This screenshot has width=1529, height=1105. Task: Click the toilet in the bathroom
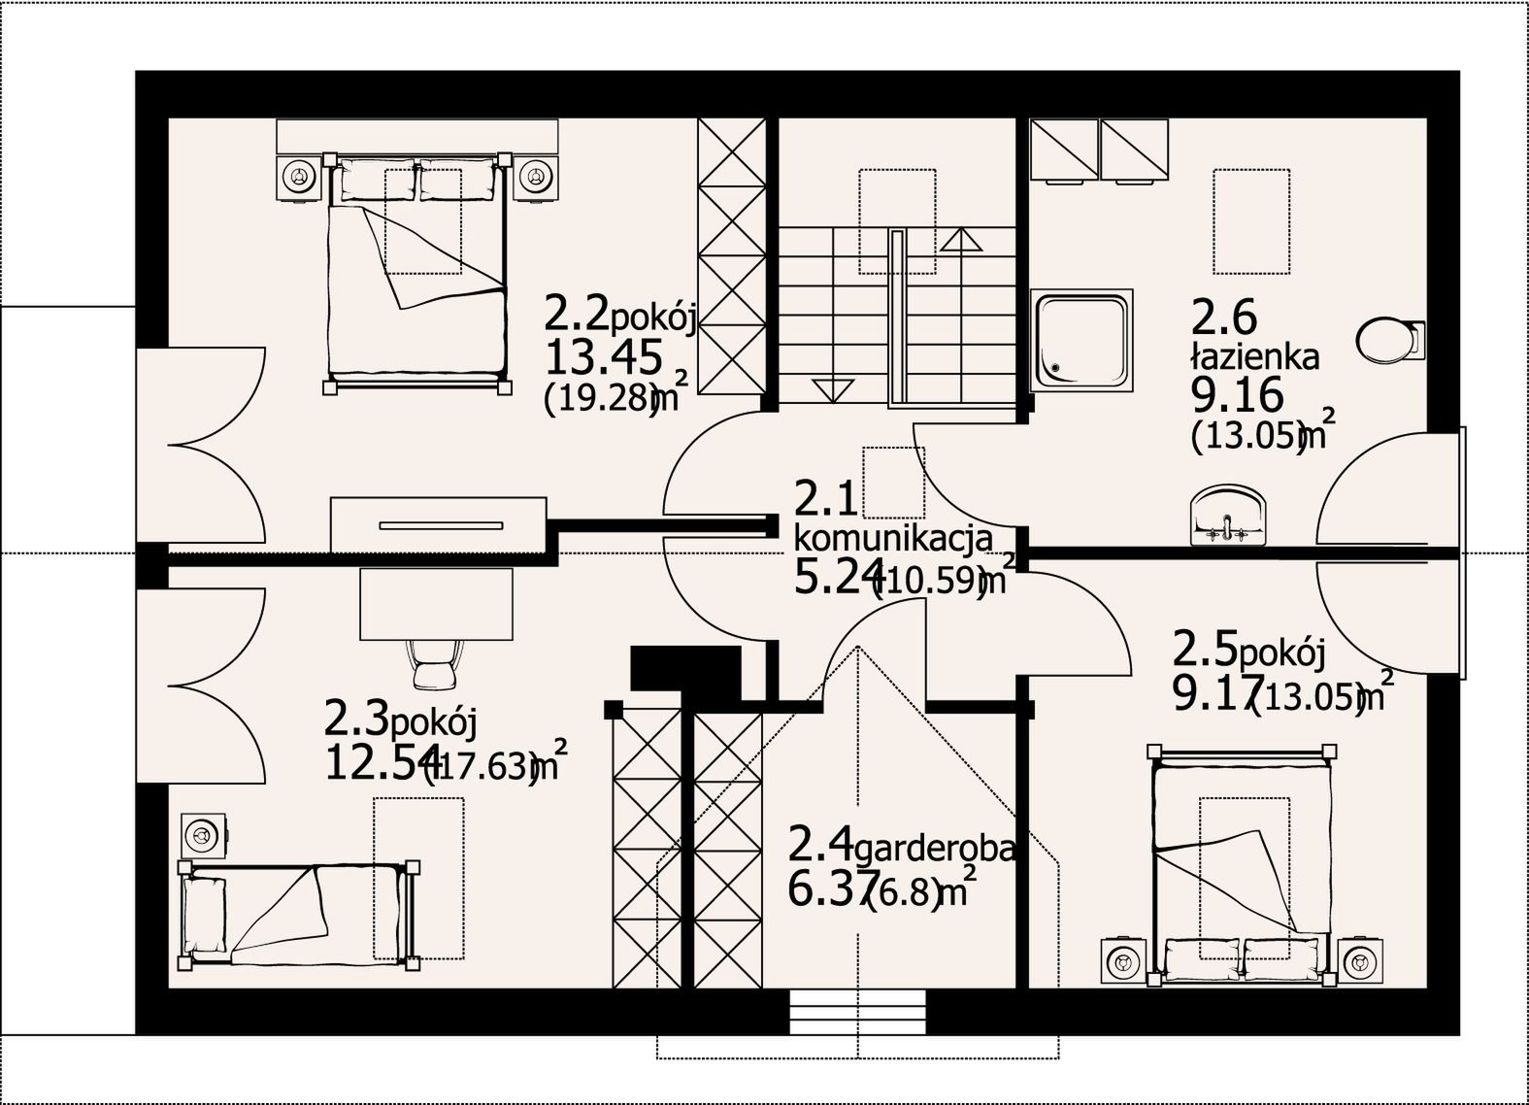[1390, 340]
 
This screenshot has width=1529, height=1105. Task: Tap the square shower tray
[1081, 340]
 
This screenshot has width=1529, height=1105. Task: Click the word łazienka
[1254, 356]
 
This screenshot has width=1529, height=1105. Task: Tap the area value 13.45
[604, 356]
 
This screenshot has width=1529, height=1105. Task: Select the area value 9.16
[1237, 394]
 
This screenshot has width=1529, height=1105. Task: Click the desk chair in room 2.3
[434, 664]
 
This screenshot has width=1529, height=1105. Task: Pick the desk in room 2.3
[436, 604]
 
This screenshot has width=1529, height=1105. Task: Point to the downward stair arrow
[834, 390]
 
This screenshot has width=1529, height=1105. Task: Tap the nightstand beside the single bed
[204, 835]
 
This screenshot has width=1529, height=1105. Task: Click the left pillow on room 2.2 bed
[379, 180]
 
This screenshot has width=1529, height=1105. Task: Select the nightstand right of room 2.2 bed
[536, 179]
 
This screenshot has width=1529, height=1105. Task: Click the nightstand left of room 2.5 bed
[1123, 961]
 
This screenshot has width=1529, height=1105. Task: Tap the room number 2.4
[819, 844]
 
